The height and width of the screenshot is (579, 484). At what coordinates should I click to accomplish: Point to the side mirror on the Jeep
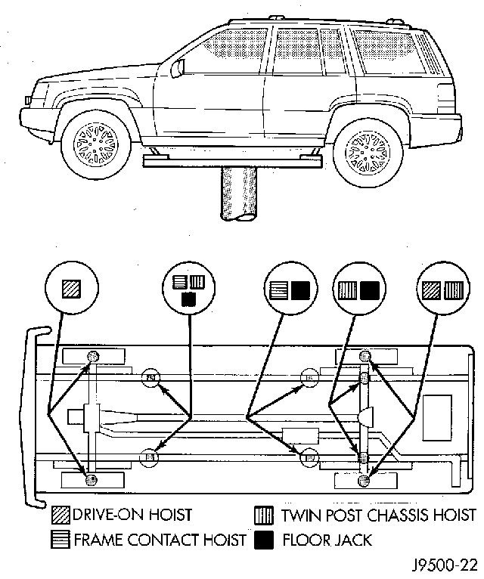tap(178, 67)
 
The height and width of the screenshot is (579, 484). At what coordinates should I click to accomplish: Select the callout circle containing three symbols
tap(188, 289)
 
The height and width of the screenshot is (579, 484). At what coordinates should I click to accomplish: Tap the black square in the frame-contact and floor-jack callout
tap(300, 289)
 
